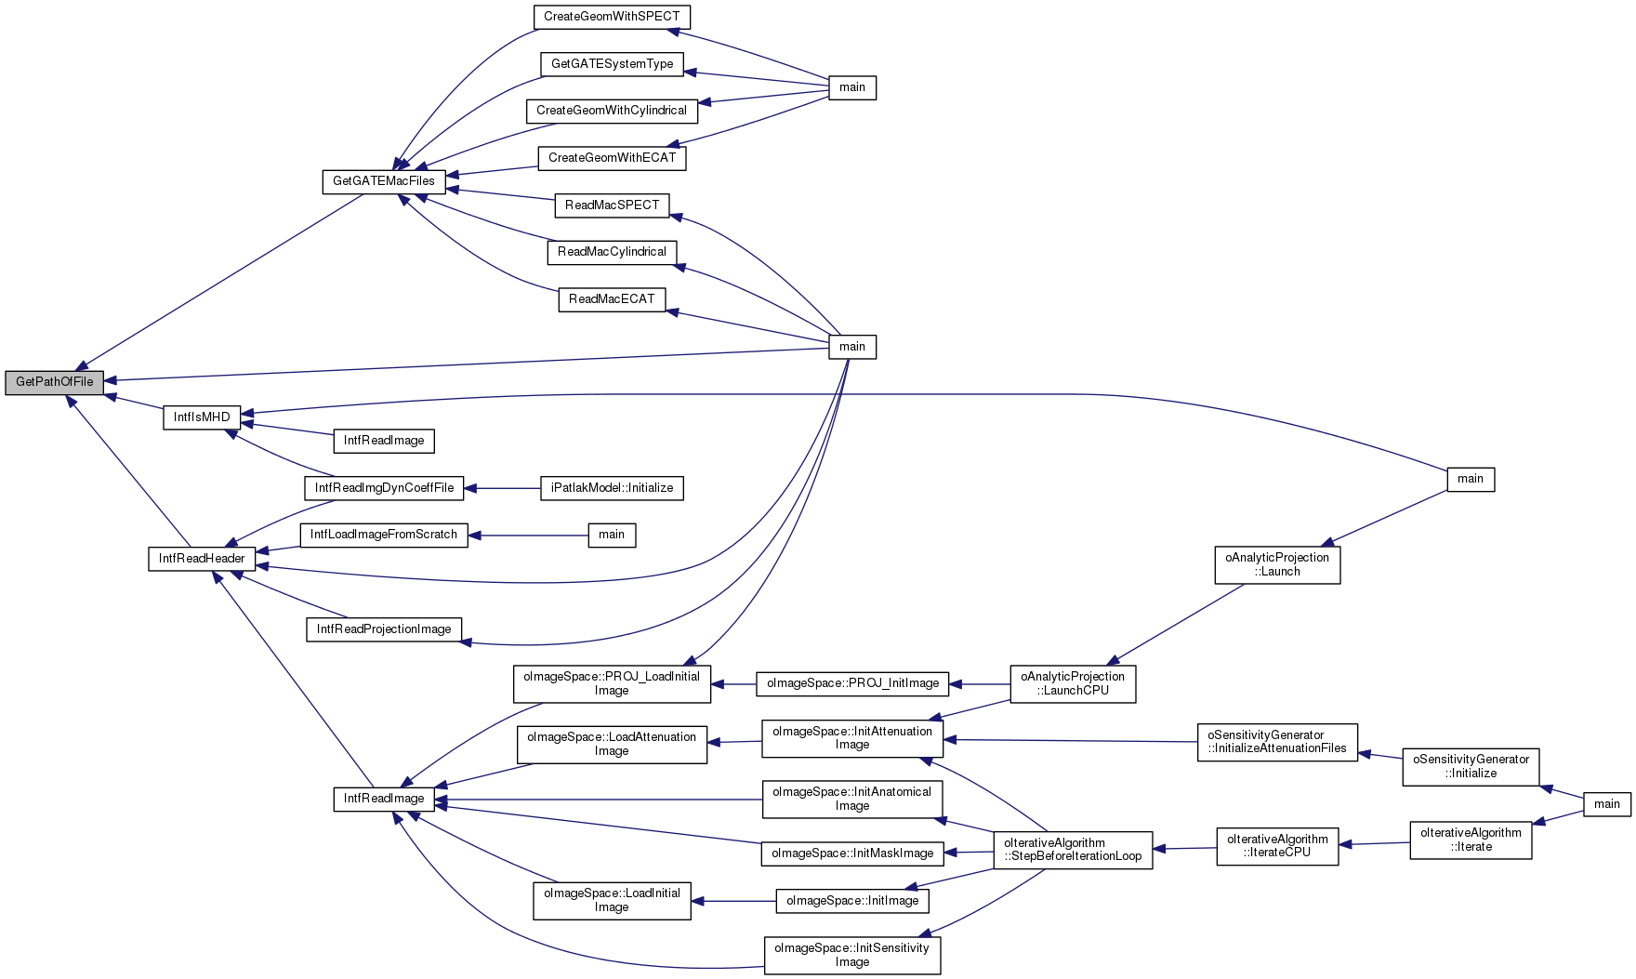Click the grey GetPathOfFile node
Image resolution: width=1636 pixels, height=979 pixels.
click(55, 382)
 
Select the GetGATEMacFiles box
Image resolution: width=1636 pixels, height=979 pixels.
click(383, 181)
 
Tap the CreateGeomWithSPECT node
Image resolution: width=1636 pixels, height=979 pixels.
click(612, 17)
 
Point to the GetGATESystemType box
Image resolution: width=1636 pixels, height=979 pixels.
click(612, 64)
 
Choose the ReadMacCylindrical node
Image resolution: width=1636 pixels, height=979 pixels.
click(612, 252)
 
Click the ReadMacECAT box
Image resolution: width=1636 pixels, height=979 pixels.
click(612, 299)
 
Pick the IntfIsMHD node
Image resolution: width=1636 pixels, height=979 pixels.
click(202, 417)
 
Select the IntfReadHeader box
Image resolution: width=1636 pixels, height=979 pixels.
click(202, 559)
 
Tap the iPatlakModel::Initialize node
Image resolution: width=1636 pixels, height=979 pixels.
click(612, 488)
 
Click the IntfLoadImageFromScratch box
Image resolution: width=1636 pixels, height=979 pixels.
click(384, 535)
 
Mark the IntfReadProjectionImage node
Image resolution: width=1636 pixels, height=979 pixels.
click(384, 629)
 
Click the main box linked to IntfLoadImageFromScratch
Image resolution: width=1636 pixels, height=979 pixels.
click(612, 535)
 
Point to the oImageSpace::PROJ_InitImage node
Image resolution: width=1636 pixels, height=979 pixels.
click(852, 683)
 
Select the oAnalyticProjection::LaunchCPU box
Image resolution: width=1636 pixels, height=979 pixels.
click(1073, 683)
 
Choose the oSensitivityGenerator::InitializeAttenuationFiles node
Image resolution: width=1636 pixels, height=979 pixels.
click(1277, 742)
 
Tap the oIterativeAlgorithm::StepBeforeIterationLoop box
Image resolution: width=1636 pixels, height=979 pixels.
click(1073, 850)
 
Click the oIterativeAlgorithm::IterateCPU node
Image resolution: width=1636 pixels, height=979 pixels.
click(1277, 846)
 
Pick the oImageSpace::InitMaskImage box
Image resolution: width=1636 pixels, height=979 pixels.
click(852, 853)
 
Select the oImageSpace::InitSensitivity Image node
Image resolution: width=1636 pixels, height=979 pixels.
click(852, 955)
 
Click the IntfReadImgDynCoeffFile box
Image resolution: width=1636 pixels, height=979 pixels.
click(384, 488)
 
